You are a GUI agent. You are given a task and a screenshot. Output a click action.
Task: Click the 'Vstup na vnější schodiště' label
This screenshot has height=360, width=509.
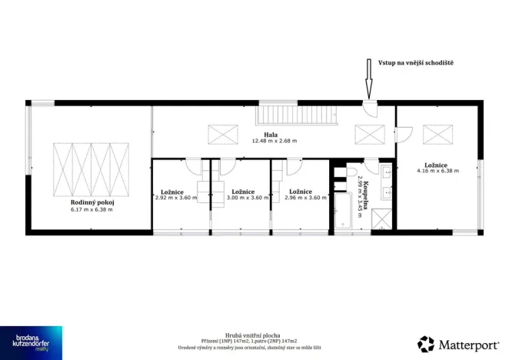click(410, 62)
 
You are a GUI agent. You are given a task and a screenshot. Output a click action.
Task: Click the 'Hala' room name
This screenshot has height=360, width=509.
click(271, 134)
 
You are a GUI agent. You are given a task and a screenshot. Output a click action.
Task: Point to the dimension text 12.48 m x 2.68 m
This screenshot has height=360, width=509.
click(274, 141)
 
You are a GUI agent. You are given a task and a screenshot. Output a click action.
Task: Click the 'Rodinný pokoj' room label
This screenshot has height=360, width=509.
click(91, 202)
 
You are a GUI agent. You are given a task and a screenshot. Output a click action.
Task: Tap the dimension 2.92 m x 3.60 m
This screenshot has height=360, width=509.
click(176, 198)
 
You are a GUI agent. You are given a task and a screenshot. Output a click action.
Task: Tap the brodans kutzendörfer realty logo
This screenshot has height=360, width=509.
click(31, 342)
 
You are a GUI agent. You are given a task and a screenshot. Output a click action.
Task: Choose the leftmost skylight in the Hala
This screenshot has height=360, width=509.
click(223, 134)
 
